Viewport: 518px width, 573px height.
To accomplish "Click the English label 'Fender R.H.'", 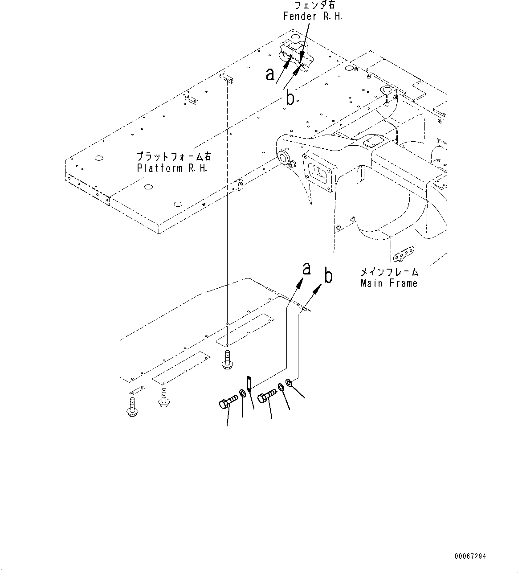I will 313,16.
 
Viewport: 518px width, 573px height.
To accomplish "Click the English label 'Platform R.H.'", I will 171,168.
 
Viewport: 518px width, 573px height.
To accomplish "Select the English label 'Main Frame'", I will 389,283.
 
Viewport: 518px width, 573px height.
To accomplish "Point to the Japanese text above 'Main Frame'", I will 389,271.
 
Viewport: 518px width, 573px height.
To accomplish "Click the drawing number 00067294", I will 470,556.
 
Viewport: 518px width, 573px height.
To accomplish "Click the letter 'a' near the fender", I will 270,74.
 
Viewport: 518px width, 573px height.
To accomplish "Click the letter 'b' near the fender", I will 290,98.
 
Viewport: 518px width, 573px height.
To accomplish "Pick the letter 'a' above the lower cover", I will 306,269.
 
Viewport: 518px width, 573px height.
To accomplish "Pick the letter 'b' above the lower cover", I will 328,276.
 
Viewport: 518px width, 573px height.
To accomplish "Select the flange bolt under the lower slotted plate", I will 163,397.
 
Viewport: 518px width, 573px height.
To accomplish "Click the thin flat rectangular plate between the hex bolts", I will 249,384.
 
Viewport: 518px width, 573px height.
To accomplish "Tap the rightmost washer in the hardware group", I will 289,382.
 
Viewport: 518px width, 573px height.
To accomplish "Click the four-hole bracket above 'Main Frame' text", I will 404,254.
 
